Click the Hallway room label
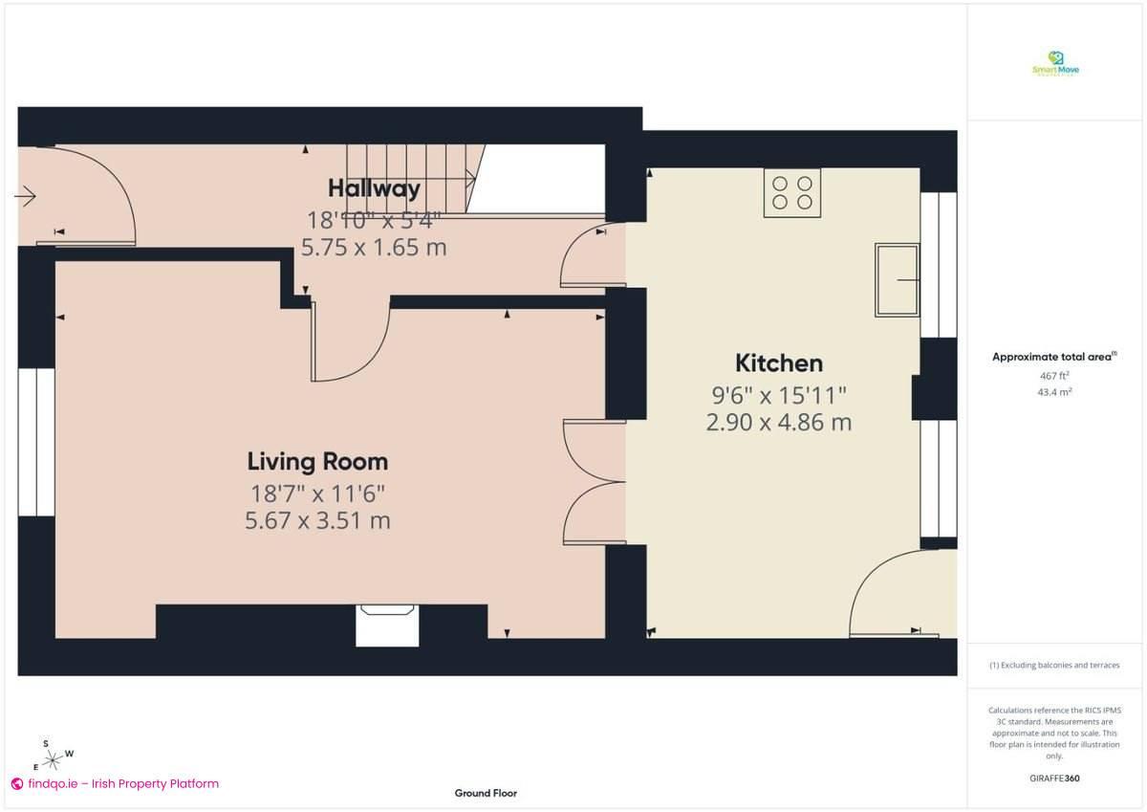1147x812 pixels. click(x=374, y=188)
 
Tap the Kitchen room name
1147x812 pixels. click(x=778, y=363)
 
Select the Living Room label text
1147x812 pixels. click(x=317, y=462)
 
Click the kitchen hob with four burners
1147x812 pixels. click(x=792, y=192)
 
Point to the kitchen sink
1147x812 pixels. click(x=897, y=279)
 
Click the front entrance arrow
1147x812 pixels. click(x=25, y=197)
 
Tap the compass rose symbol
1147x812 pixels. click(x=54, y=758)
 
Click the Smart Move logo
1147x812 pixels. click(x=1055, y=64)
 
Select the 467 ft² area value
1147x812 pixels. click(x=1055, y=376)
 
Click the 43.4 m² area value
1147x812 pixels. click(x=1055, y=392)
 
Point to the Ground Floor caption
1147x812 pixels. click(x=486, y=793)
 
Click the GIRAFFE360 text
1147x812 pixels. click(x=1055, y=779)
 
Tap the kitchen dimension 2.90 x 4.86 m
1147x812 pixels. click(x=778, y=422)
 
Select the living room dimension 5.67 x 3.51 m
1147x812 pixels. click(x=317, y=521)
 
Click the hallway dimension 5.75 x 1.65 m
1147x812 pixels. click(x=374, y=248)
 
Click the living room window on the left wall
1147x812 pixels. click(x=37, y=442)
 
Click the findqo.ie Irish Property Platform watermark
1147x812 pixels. click(x=115, y=783)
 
